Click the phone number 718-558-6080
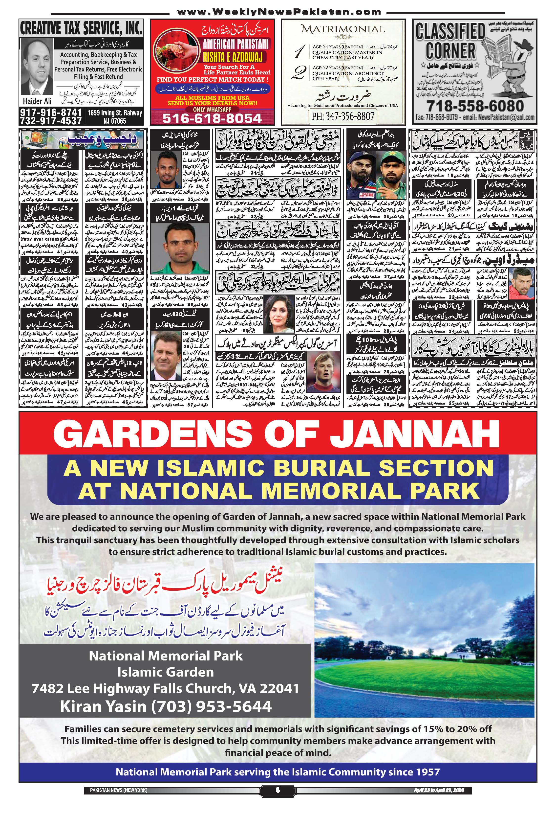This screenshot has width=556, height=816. coord(475,106)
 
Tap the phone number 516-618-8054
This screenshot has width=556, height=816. coord(212,118)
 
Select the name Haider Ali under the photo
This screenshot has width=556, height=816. coord(37,101)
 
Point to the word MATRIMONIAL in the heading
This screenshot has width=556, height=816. coord(343,29)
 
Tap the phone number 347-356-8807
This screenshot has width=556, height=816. coord(343,116)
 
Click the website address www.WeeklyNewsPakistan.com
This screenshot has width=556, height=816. coord(279,12)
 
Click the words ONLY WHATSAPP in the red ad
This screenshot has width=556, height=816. coord(212,109)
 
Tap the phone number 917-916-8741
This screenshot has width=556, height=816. coord(51,113)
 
